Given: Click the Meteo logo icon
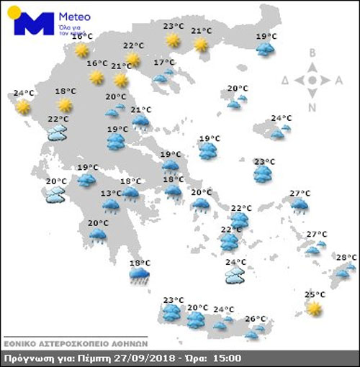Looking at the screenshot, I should click(x=34, y=24).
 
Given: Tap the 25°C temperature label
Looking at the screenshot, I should click(x=312, y=294).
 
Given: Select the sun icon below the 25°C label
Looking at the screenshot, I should click(x=313, y=308).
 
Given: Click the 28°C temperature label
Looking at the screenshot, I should click(x=346, y=257).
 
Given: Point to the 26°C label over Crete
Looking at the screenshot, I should click(x=255, y=319).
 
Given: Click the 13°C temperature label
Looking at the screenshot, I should click(x=110, y=194).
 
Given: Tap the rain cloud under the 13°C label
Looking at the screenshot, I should click(x=111, y=207).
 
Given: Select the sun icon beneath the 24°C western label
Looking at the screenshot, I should click(x=24, y=107).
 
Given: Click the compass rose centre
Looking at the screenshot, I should click(x=312, y=80).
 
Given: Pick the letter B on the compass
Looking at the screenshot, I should click(x=312, y=53).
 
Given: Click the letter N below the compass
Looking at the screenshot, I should click(x=312, y=108).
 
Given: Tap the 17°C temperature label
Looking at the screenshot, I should click(x=164, y=63).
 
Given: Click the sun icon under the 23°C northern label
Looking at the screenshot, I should click(x=172, y=40).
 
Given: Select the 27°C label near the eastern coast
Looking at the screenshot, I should click(x=300, y=194).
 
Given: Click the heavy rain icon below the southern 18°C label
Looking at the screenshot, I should click(x=140, y=276).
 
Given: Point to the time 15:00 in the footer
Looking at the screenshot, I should click(x=227, y=358).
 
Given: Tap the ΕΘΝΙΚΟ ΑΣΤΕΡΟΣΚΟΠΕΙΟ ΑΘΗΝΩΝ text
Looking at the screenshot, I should click(x=75, y=342).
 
